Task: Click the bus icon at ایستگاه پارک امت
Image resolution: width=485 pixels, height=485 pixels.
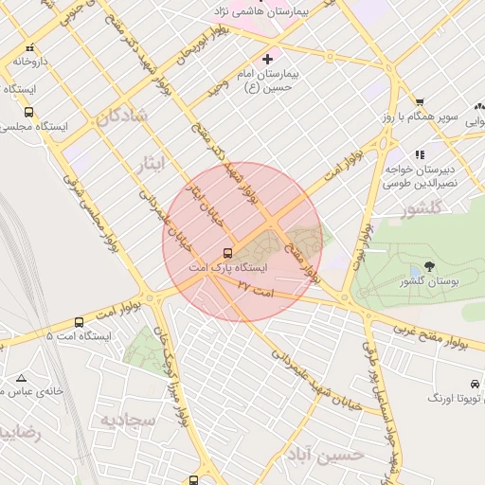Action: click(x=227, y=253)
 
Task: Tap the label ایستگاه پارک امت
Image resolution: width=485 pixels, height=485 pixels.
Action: click(x=227, y=268)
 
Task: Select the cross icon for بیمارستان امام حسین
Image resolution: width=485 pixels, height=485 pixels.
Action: click(x=267, y=59)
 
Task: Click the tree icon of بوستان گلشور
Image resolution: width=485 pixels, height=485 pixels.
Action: click(x=428, y=266)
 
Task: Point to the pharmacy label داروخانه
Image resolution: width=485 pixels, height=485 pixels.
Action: click(x=29, y=61)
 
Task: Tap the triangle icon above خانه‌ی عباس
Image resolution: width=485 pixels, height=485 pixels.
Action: click(x=21, y=378)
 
